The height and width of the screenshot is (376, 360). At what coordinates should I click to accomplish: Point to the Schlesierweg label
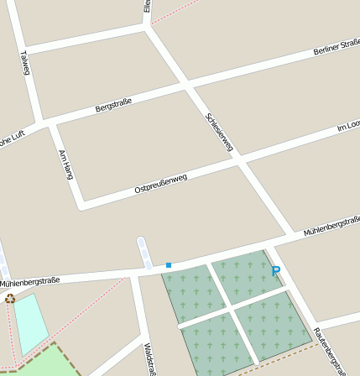[x=219, y=131]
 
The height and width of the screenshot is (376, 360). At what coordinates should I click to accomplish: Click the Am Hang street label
[x=66, y=165]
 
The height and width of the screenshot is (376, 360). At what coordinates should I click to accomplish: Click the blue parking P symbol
[x=275, y=272]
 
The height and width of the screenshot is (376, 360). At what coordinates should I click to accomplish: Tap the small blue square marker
[x=168, y=265]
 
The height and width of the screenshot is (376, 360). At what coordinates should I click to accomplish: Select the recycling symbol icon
[x=10, y=298]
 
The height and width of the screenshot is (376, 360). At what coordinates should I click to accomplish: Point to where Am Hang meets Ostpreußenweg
[x=81, y=204]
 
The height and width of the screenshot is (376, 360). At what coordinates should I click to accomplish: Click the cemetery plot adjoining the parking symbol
[x=246, y=278]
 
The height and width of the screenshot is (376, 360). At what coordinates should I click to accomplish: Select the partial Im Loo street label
[x=347, y=126]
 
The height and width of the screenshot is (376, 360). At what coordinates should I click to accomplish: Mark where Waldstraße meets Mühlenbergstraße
[x=133, y=274]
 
